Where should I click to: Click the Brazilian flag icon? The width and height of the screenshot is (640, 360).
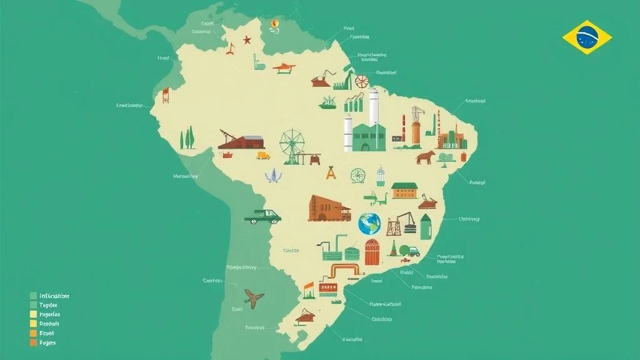point(587,37)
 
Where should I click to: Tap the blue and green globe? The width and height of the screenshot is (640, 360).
point(369,224)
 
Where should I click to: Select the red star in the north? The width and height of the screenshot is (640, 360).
point(247,40)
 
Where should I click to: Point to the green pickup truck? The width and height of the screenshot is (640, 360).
point(262,216)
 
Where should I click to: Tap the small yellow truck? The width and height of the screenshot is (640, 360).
point(263,155)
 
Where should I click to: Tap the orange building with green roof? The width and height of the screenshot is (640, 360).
point(404,190)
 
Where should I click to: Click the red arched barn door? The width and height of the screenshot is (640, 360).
point(372,252)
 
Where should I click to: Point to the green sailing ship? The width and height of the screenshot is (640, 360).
point(327,103)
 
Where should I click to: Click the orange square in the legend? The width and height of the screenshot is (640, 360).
point(33,334)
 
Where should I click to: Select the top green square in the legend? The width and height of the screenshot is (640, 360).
point(33,296)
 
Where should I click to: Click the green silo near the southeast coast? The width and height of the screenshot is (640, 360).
point(426,227)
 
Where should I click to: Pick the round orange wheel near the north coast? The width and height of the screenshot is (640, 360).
point(362,81)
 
